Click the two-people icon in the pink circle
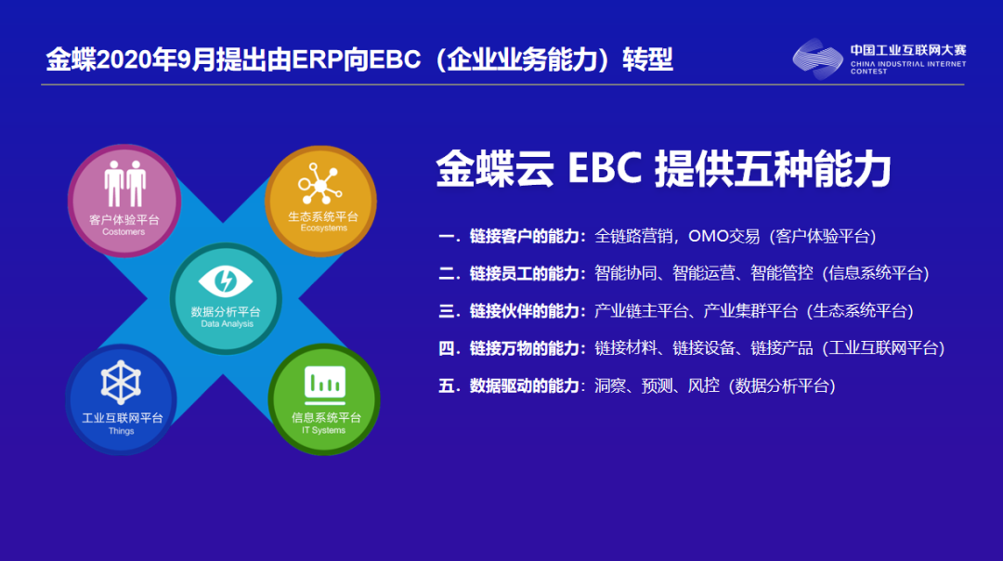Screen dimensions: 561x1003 click(124, 184)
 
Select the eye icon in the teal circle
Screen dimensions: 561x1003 click(226, 280)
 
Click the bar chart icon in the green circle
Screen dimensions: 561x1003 click(324, 382)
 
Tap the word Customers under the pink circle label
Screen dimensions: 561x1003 click(124, 232)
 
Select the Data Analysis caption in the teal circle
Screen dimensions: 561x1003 click(227, 324)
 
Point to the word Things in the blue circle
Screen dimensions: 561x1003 click(121, 431)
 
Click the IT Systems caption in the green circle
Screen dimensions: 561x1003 click(324, 430)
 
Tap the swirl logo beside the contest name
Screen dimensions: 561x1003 click(817, 59)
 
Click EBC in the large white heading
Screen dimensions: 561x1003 click(604, 171)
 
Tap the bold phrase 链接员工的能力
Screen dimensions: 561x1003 click(524, 273)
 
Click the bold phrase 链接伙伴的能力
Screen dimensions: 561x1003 click(524, 310)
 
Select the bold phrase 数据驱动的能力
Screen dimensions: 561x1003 click(524, 385)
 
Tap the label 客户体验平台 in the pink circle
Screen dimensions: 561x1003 click(124, 220)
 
